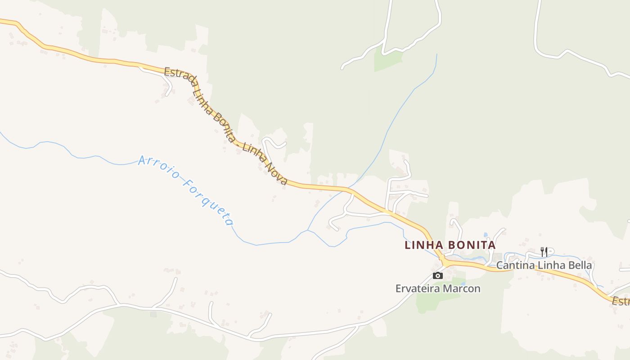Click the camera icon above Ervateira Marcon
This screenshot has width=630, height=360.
437,275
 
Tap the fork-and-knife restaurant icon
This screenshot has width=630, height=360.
544,252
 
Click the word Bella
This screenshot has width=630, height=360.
580,265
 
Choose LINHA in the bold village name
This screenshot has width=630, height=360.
421,245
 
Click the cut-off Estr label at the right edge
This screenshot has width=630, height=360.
621,301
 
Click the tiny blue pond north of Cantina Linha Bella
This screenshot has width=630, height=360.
485,235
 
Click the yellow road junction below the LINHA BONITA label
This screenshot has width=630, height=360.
444,261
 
